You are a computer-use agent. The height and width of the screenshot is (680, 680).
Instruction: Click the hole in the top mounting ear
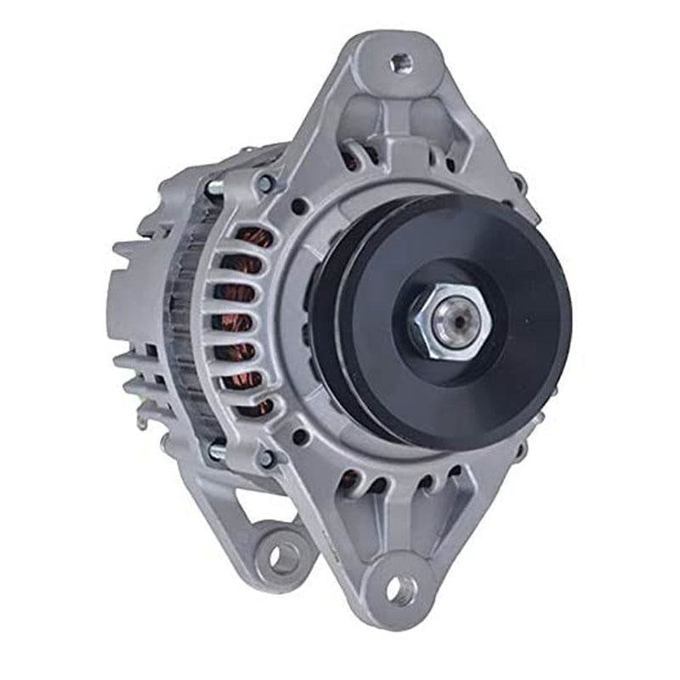[x=400, y=62]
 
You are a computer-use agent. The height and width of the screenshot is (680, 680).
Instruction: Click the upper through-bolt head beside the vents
[x=266, y=182]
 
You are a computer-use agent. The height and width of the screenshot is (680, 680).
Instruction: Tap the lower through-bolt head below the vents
[x=266, y=457]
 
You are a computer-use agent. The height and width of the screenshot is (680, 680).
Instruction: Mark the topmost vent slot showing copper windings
[x=253, y=237]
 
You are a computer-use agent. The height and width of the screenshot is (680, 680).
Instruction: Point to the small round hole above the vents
[x=299, y=206]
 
